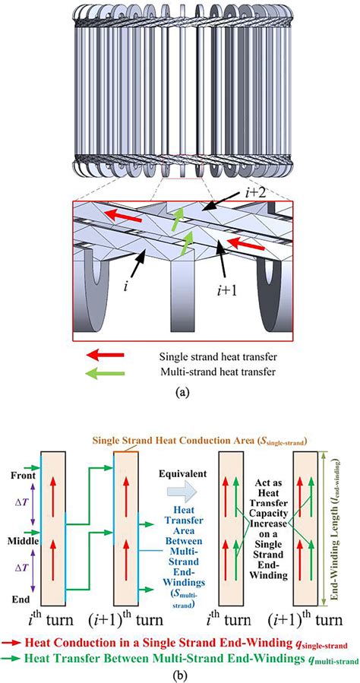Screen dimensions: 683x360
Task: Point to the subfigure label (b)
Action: pyautogui.click(x=179, y=670)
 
